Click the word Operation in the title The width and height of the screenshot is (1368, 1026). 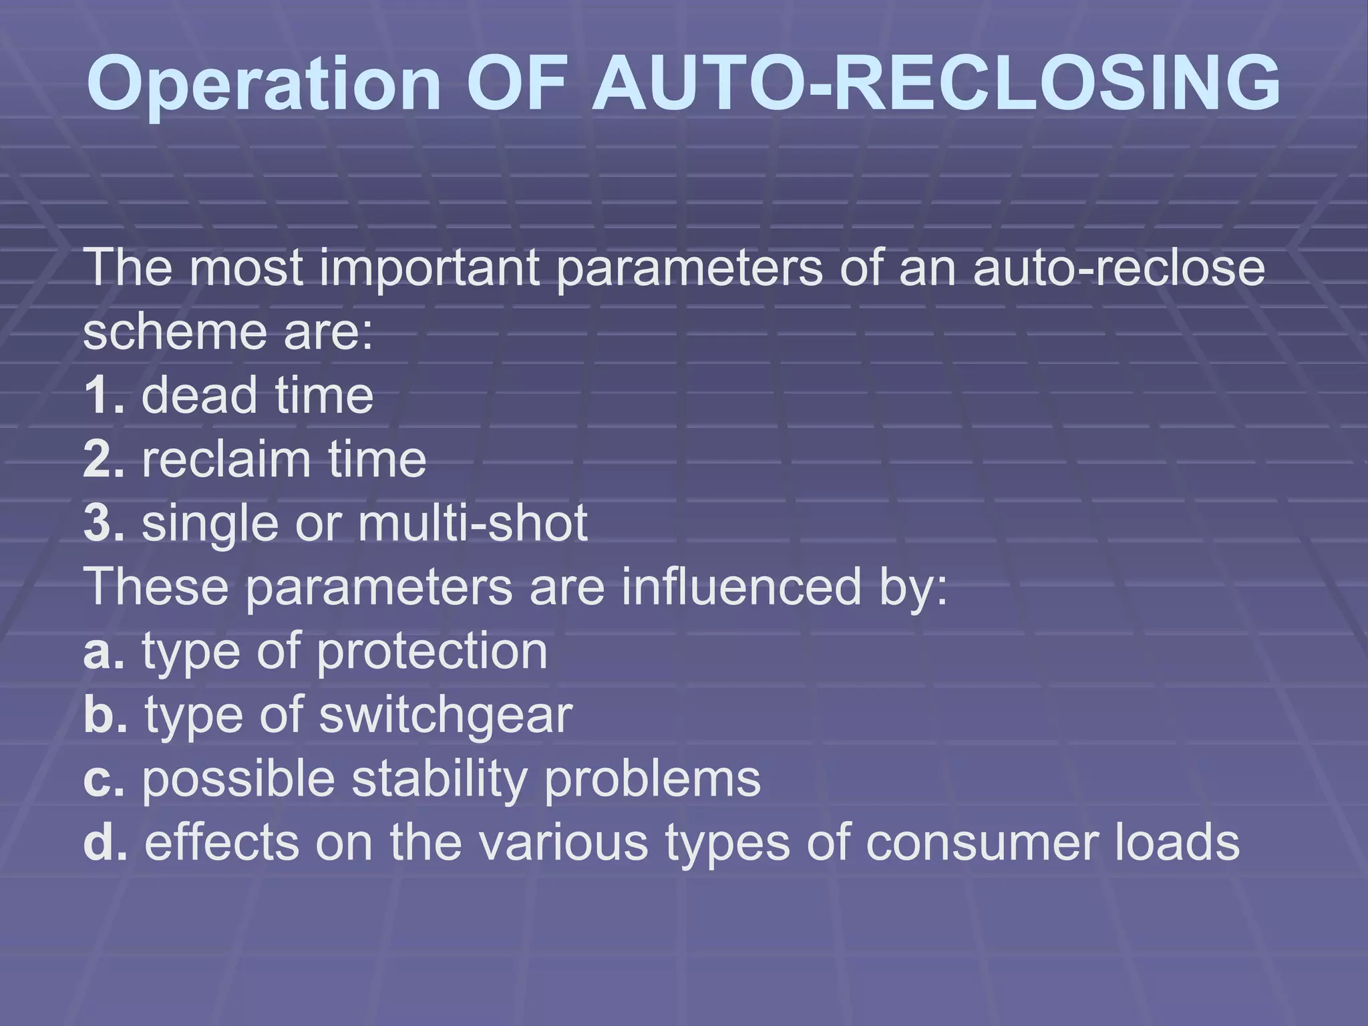pyautogui.click(x=264, y=83)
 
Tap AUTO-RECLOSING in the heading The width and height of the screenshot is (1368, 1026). pyautogui.click(x=935, y=83)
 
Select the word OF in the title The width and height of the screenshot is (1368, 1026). pyautogui.click(x=516, y=83)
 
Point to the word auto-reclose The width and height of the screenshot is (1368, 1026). pyautogui.click(x=1119, y=267)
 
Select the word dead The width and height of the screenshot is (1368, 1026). pyautogui.click(x=199, y=395)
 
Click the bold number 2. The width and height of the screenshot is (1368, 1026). pyautogui.click(x=98, y=459)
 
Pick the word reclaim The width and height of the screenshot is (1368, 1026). pyautogui.click(x=226, y=459)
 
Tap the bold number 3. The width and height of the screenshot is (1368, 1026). pyautogui.click(x=98, y=523)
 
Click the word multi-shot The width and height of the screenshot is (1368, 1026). pyautogui.click(x=473, y=523)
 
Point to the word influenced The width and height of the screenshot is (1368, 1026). pyautogui.click(x=741, y=587)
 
